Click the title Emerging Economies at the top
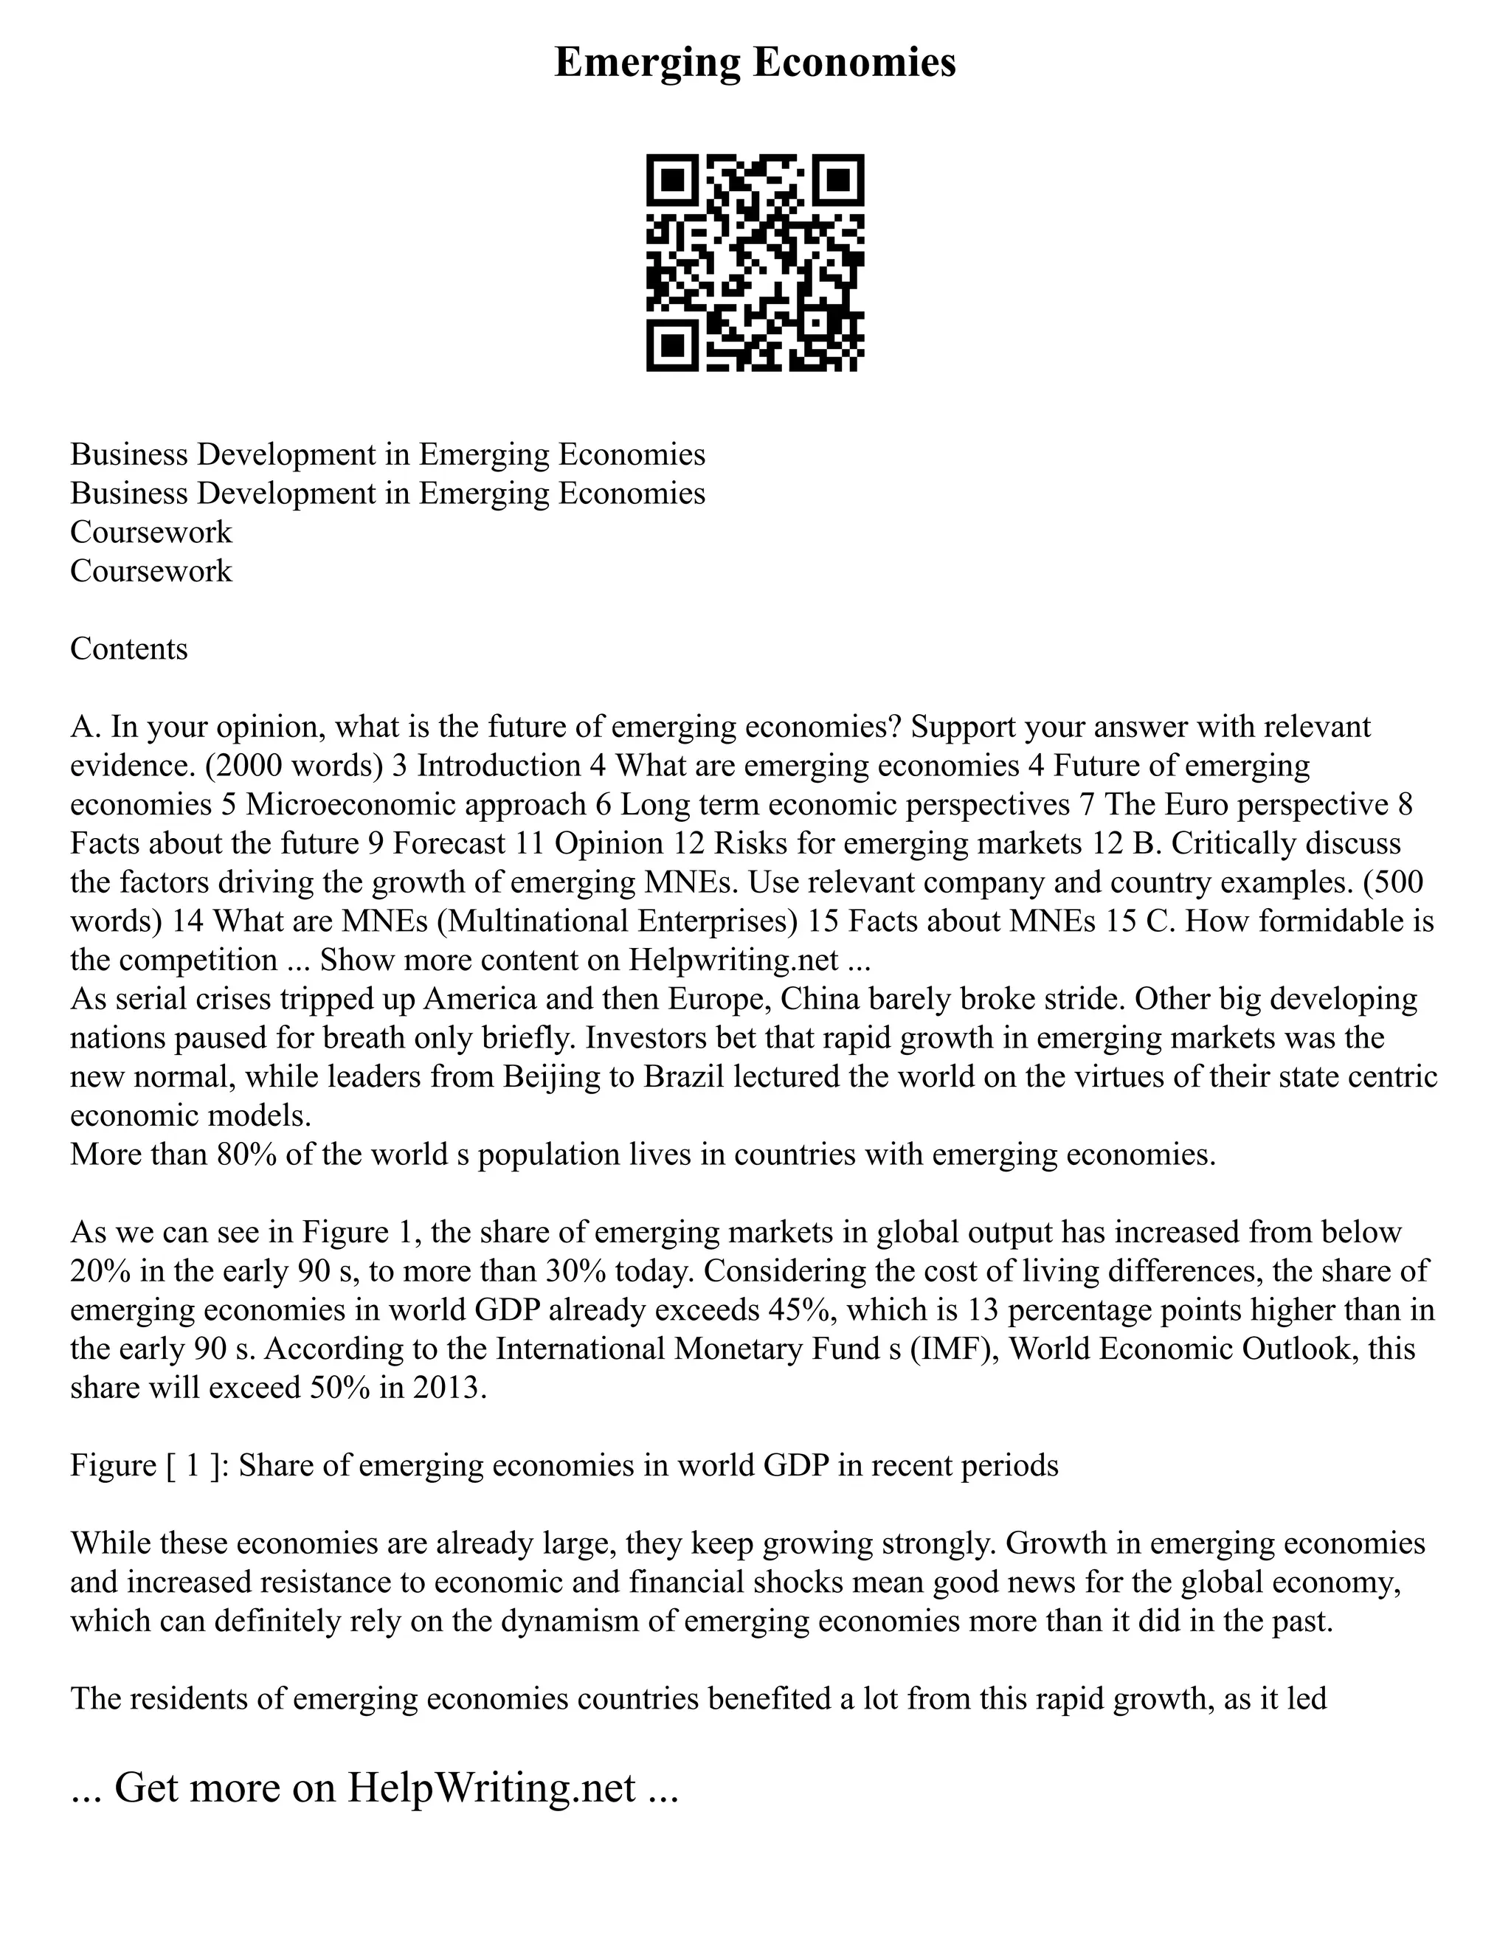755,63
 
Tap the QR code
755,263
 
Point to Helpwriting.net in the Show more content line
734,960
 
